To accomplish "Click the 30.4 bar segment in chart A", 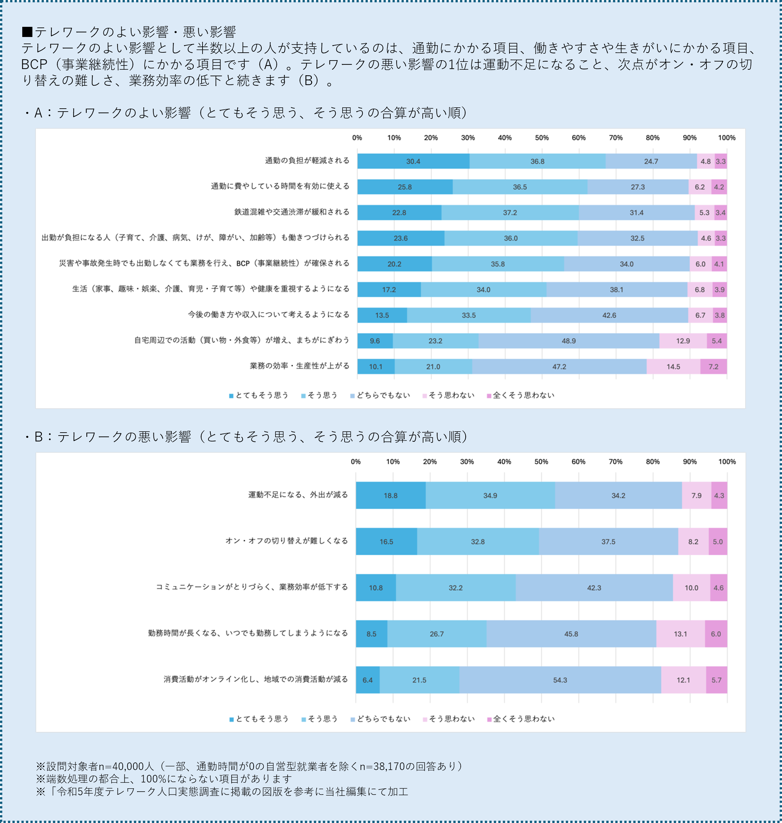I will pos(413,161).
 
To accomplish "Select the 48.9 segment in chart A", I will pos(569,341).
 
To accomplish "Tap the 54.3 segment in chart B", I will pos(560,680).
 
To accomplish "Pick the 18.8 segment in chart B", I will pos(391,495).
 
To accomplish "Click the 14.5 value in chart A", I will pos(673,367).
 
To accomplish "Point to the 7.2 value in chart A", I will pos(713,367).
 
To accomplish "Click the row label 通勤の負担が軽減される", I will pos(307,161).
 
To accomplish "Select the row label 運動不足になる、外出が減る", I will pos(298,495).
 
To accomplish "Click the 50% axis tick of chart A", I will pos(542,137).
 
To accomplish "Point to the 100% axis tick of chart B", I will pos(727,461).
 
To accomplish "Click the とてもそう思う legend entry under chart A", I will pos(259,395).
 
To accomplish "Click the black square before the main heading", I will pos(27,32).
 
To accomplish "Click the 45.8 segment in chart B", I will pos(571,634).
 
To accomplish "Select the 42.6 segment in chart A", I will pos(609,315).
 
